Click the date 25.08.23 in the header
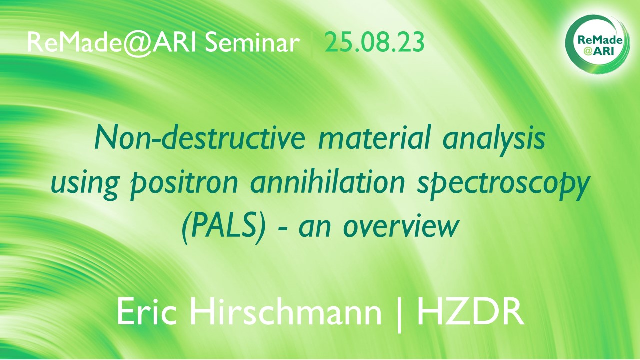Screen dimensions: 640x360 pos(374,42)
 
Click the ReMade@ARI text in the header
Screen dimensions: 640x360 pos(111,43)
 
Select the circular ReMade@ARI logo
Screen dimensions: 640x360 pos(597,44)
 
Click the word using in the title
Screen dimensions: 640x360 pos(85,184)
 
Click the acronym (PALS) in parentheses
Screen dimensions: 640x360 pos(223,227)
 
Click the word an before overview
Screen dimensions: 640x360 pos(315,228)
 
